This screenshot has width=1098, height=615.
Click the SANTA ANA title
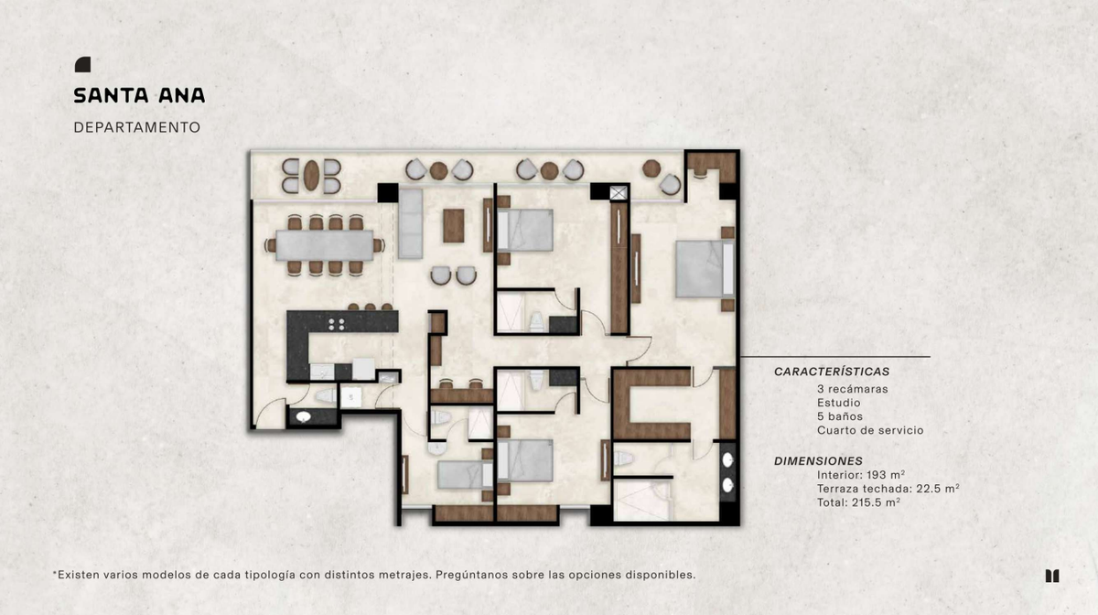click(x=139, y=95)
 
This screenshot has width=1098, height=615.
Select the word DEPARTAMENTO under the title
click(x=136, y=127)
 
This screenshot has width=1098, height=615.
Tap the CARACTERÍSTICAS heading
click(x=832, y=372)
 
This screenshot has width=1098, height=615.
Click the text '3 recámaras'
click(x=853, y=389)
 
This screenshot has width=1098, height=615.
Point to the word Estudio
click(x=838, y=403)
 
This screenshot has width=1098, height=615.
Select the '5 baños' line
click(x=840, y=416)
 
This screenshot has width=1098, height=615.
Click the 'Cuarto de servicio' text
click(x=870, y=430)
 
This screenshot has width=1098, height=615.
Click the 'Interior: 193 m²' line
click(x=861, y=475)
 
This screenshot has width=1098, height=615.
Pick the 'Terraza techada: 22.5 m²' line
click(x=888, y=489)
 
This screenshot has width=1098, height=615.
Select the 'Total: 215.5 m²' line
click(x=858, y=502)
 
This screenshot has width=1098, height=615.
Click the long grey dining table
click(x=325, y=245)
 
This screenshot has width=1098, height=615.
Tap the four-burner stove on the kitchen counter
click(x=337, y=324)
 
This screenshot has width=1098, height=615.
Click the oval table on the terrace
click(x=311, y=176)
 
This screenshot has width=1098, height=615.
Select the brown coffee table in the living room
click(x=454, y=226)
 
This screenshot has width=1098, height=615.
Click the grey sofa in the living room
click(x=410, y=223)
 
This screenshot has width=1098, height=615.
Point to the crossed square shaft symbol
click(x=619, y=193)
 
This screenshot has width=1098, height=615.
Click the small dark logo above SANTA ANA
click(x=83, y=65)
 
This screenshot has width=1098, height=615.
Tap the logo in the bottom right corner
click(x=1052, y=576)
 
